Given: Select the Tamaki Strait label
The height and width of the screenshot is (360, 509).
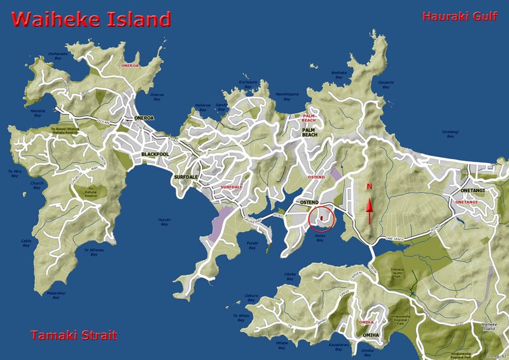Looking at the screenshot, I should [x=73, y=335].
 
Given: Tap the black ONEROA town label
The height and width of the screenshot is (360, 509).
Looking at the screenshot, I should [x=145, y=118].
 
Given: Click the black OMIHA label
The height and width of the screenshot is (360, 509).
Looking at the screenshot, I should [x=370, y=335].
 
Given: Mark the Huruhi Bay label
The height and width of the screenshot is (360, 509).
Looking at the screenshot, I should [x=164, y=222].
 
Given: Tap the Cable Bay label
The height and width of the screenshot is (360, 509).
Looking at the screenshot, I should [x=26, y=242].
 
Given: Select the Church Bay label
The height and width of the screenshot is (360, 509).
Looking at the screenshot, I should [x=36, y=186].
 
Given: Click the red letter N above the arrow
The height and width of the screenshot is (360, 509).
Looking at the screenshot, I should [x=369, y=187].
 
